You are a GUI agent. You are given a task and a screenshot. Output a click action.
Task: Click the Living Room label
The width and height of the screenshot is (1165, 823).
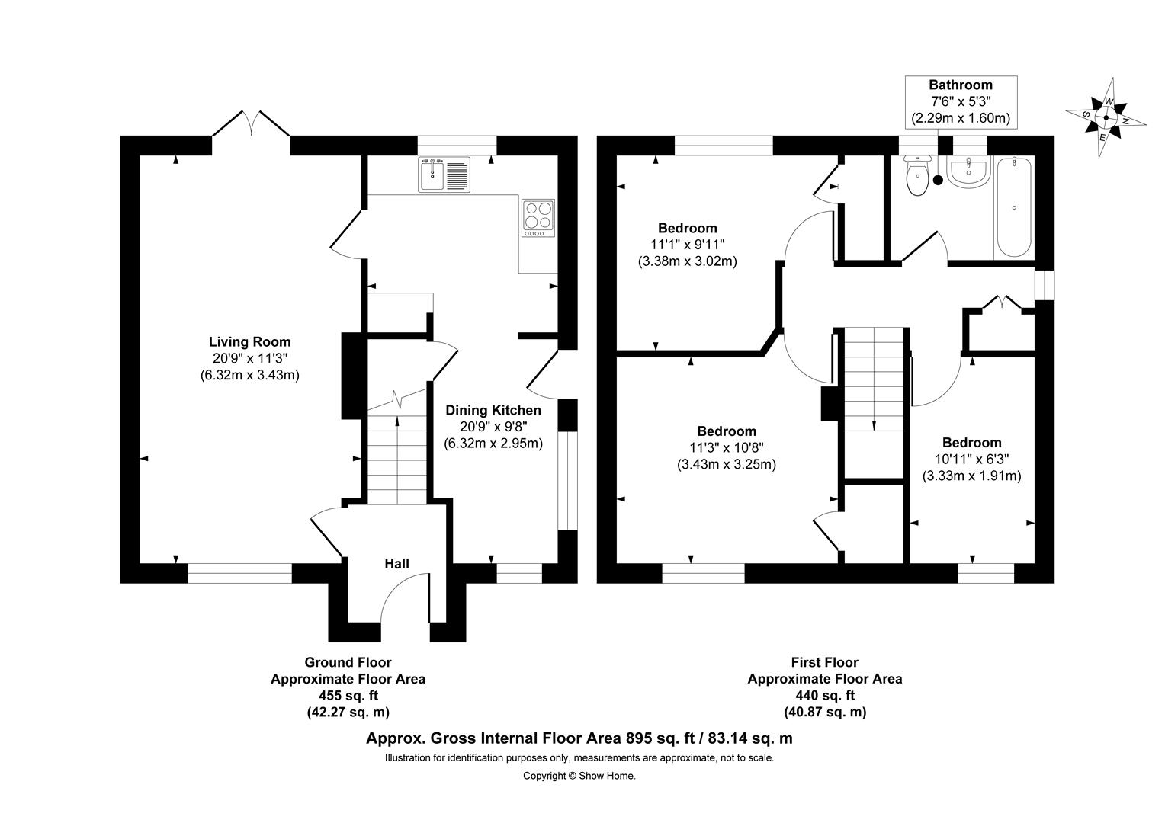pyautogui.click(x=250, y=342)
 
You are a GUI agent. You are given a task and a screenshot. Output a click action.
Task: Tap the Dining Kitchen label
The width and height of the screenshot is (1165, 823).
pyautogui.click(x=493, y=411)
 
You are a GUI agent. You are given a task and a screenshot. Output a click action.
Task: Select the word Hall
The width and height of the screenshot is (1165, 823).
pyautogui.click(x=396, y=564)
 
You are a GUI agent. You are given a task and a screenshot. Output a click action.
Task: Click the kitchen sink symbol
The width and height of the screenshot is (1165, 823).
pyautogui.click(x=444, y=175)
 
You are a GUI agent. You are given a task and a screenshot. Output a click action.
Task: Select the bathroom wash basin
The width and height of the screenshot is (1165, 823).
pyautogui.click(x=967, y=171)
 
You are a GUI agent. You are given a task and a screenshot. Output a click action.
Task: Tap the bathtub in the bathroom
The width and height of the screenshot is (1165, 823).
pyautogui.click(x=1013, y=207)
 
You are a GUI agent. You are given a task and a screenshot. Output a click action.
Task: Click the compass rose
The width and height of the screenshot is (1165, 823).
pyautogui.click(x=1106, y=117)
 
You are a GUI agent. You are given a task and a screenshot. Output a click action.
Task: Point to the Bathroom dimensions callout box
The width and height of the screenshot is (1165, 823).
pyautogui.click(x=960, y=101)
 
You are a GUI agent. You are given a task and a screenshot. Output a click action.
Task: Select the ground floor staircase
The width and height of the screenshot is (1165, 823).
pyautogui.click(x=396, y=457)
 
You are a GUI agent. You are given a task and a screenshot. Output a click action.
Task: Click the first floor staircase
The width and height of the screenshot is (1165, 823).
pyautogui.click(x=873, y=381)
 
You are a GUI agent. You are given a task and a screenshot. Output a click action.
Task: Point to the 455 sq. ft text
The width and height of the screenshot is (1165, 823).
pyautogui.click(x=348, y=696)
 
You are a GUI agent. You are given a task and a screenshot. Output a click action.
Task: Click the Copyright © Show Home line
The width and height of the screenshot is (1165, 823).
pyautogui.click(x=579, y=776)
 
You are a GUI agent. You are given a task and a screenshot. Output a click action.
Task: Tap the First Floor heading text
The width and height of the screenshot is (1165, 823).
pyautogui.click(x=824, y=663)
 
